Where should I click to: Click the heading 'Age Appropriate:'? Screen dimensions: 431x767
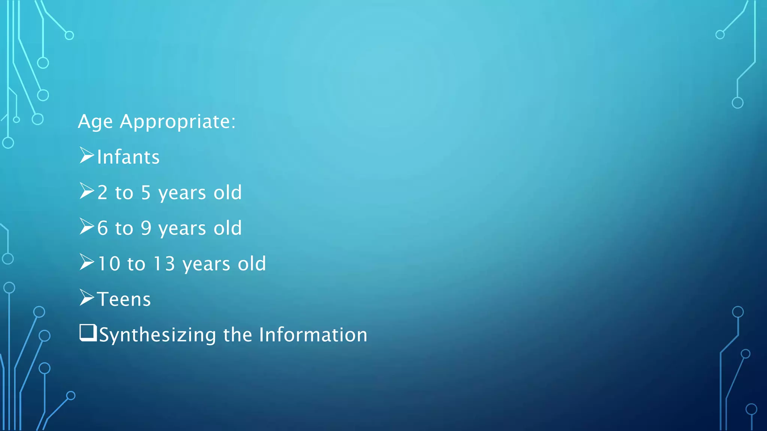click(157, 122)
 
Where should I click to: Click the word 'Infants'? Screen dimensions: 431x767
click(128, 157)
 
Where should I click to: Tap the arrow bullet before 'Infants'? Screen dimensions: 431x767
click(87, 156)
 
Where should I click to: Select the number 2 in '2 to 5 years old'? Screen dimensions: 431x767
click(102, 193)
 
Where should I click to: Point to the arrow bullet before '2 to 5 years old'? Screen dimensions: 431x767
click(87, 191)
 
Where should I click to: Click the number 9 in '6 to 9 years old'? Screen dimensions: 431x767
click(146, 228)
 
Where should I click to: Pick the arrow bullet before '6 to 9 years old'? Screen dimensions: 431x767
click(87, 227)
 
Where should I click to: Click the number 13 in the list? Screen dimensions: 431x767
click(164, 264)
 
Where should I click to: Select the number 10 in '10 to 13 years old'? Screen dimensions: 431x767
click(109, 264)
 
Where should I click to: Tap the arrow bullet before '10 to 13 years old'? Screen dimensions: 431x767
click(87, 262)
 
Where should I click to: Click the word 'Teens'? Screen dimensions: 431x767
click(124, 299)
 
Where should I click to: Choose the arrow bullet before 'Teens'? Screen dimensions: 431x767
click(87, 298)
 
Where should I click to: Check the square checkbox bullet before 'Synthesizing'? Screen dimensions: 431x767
click(88, 333)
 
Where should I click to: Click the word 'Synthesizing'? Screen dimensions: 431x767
click(158, 335)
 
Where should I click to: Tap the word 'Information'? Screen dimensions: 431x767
click(313, 334)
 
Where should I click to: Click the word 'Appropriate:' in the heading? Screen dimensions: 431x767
click(178, 122)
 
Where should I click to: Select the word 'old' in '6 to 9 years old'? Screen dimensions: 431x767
click(228, 228)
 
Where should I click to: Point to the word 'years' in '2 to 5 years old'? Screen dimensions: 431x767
click(182, 193)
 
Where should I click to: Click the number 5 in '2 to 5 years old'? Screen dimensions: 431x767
click(146, 193)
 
